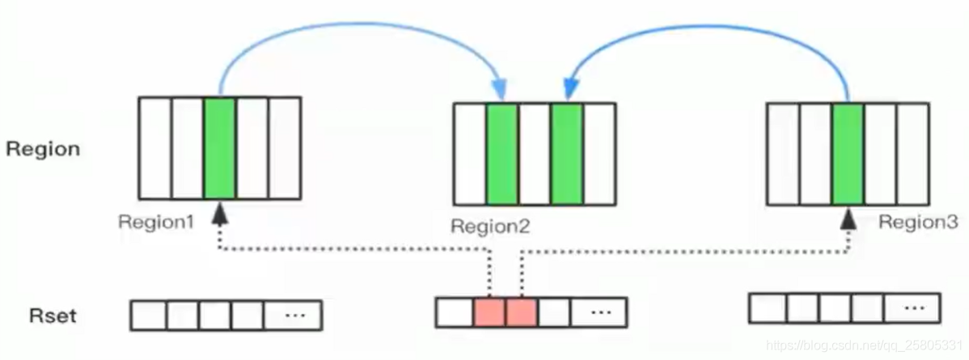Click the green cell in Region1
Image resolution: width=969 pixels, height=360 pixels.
tap(219, 148)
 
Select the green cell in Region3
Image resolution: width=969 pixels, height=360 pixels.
tap(848, 154)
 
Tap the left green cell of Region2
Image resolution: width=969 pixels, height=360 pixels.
tap(501, 154)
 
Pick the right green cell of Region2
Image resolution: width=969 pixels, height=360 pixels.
tap(567, 154)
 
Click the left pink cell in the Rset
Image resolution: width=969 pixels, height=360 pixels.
tap(489, 312)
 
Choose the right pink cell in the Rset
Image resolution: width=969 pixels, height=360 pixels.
tap(521, 312)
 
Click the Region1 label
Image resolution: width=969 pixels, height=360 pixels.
tap(156, 222)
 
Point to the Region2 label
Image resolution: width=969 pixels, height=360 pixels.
tap(490, 226)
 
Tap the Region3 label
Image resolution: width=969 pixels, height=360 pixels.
tap(918, 222)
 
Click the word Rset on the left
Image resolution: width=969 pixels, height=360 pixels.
tap(53, 316)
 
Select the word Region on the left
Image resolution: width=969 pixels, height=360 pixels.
tap(43, 149)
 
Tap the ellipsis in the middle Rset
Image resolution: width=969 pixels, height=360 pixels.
tap(599, 311)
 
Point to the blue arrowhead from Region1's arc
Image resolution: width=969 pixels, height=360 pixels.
tap(499, 91)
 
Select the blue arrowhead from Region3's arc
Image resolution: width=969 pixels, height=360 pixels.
tap(570, 91)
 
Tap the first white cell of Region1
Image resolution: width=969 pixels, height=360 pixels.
tap(155, 148)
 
